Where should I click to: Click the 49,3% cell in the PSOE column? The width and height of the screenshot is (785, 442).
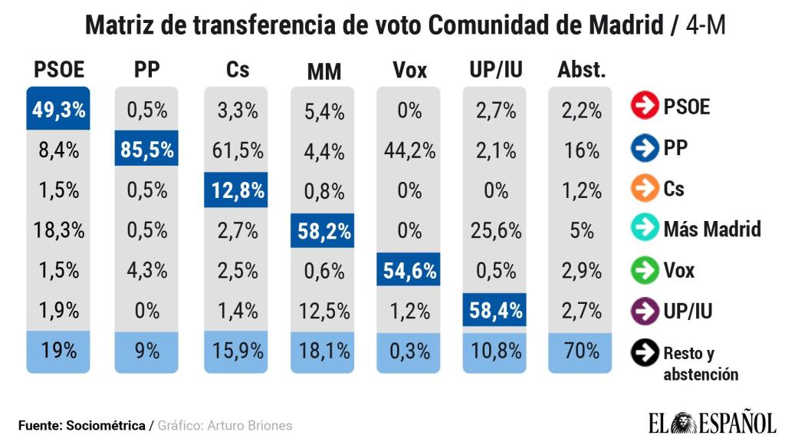point(58,110)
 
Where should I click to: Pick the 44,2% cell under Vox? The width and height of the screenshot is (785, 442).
point(409,150)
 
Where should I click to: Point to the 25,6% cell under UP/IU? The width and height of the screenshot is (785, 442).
point(496,231)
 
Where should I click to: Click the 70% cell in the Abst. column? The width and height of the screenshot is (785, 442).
point(581,351)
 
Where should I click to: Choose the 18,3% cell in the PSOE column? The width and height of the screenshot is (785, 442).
point(58,231)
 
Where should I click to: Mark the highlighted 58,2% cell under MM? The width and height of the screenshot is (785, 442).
point(323,231)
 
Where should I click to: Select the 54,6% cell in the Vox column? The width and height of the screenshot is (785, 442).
point(409,271)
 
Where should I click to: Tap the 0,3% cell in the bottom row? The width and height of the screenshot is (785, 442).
point(409,351)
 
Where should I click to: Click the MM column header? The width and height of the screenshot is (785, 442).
point(324,71)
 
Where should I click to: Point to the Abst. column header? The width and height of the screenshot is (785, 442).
point(581,70)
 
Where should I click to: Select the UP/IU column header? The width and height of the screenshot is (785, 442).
point(496,70)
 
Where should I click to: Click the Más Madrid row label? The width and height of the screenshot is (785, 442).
point(712,229)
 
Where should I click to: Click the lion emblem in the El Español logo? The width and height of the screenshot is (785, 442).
point(682,424)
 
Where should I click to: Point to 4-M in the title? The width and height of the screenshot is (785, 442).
point(706,25)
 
